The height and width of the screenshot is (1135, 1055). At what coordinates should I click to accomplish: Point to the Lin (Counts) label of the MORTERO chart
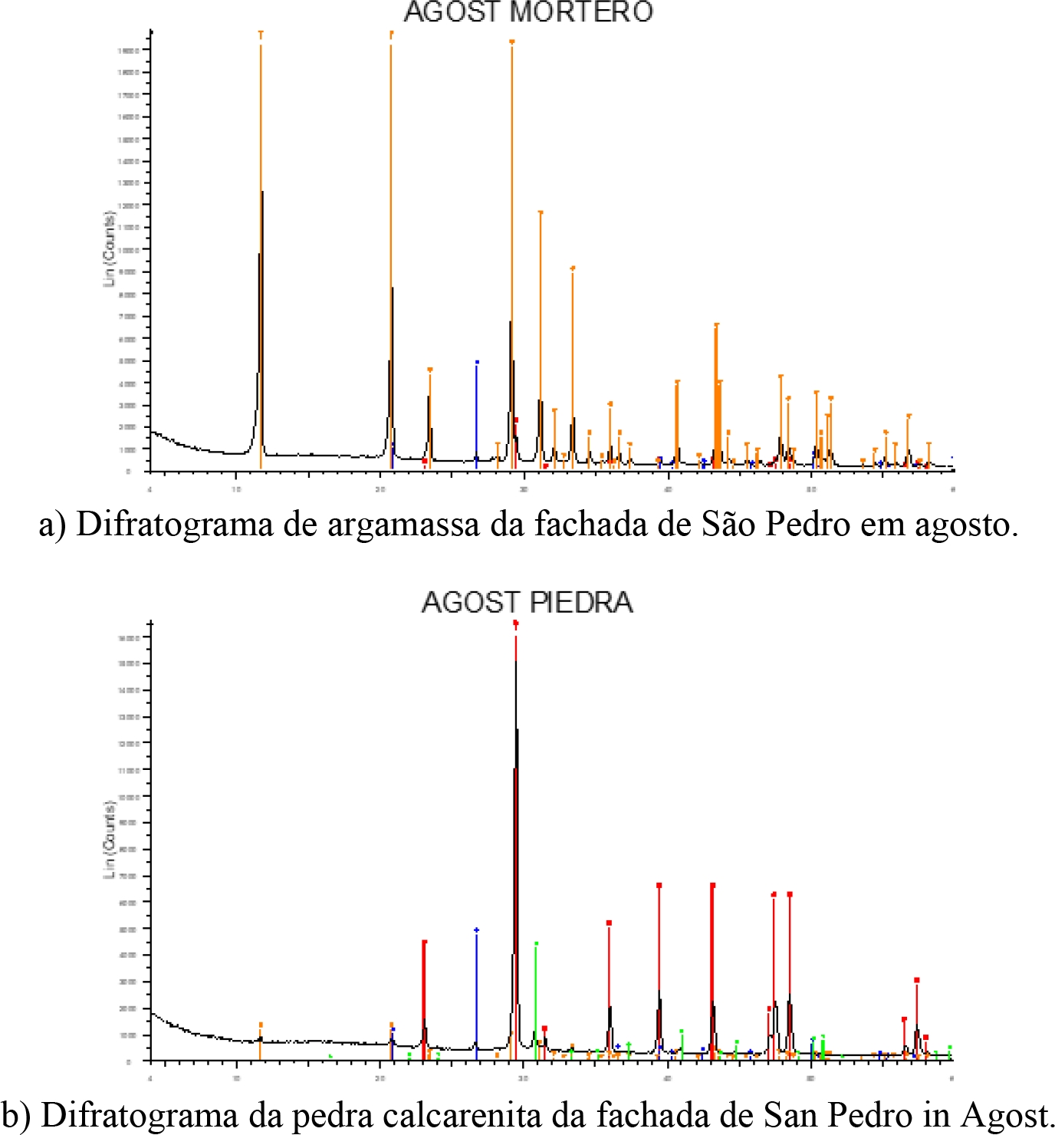tap(109, 249)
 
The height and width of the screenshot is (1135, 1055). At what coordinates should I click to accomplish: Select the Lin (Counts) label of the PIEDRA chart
tap(109, 839)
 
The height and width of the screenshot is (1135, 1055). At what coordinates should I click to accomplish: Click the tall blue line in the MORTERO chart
tap(476, 414)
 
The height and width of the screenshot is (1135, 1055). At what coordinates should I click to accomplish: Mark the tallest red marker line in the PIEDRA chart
tap(515, 767)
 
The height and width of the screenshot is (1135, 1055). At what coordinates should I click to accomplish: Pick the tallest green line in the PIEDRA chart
tap(536, 997)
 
